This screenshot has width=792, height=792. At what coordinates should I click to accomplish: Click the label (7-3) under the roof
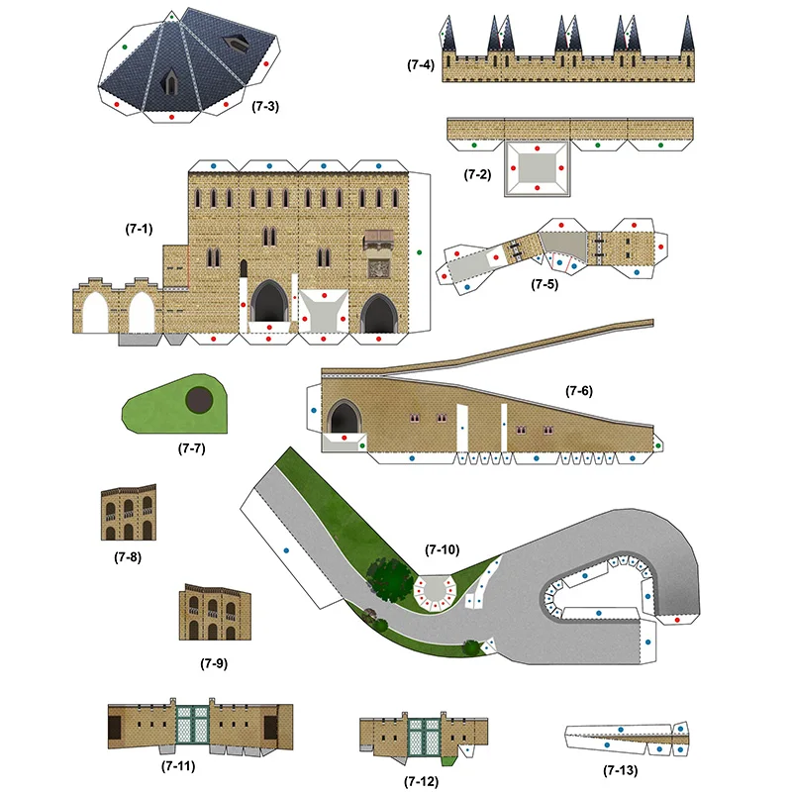pos(264,106)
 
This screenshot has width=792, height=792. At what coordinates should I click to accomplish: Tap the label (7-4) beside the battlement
pos(420,65)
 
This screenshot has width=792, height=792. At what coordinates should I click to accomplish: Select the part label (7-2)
pos(478,174)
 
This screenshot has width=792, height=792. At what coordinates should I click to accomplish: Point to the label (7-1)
pos(139,229)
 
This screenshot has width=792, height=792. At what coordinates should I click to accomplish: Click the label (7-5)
pos(544,285)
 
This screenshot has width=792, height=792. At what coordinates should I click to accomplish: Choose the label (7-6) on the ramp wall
pos(579,391)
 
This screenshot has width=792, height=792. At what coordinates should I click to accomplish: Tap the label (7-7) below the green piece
pos(191,448)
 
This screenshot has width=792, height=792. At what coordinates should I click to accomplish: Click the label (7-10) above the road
pos(443,548)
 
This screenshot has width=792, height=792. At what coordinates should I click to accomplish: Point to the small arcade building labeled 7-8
pos(128,513)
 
